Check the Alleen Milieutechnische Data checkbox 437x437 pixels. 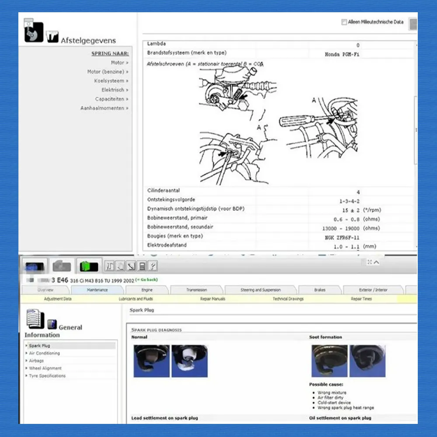[344, 22]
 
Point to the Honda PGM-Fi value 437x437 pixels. [342, 55]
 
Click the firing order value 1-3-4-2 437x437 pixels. [349, 201]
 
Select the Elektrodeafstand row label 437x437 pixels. [167, 245]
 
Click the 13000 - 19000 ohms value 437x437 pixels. [340, 228]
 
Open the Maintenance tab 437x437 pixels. [97, 290]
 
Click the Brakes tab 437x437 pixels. [319, 290]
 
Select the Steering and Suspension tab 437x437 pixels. [260, 290]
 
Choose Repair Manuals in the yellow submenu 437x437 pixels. [212, 299]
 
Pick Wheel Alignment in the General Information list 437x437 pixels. [45, 368]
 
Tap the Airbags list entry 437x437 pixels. [36, 361]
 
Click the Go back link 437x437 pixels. [146, 280]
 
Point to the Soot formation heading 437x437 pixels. [326, 337]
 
